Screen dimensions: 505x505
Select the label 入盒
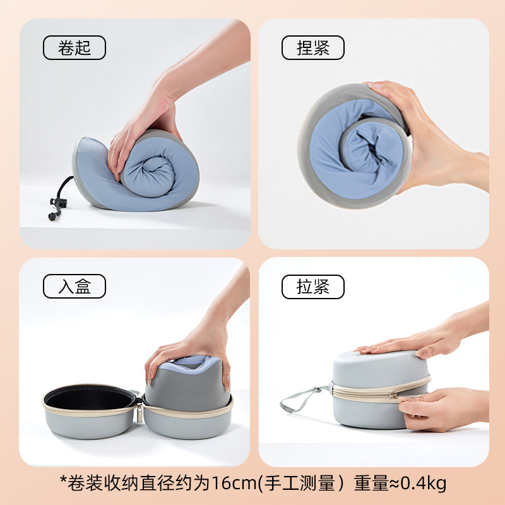coord(74,287)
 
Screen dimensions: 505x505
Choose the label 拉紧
coord(312,287)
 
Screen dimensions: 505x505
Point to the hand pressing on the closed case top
coord(410,341)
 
